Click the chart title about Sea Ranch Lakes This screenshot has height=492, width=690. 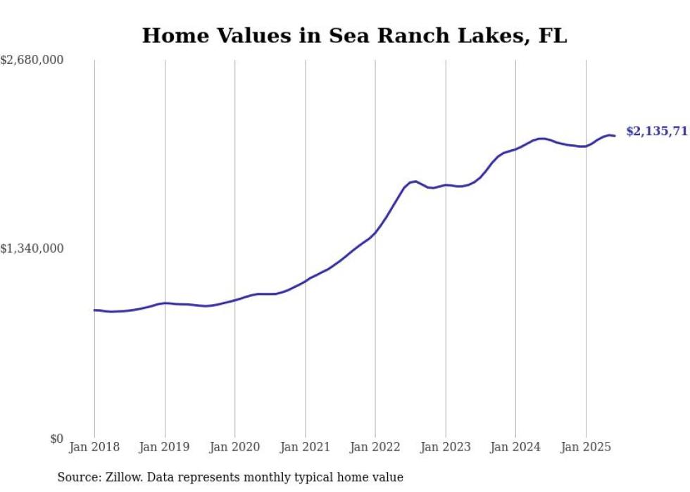coord(354,36)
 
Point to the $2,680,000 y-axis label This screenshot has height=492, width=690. coord(32,61)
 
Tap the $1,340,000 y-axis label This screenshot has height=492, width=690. coord(32,249)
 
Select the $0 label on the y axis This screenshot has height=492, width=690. coord(56,439)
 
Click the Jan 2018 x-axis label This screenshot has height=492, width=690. coord(94,447)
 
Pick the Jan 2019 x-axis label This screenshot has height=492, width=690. coord(165,447)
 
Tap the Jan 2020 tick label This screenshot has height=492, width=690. coord(234,447)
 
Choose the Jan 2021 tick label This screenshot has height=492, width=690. coord(305,447)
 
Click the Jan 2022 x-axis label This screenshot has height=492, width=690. coord(375,447)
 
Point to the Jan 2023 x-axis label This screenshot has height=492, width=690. coord(445,447)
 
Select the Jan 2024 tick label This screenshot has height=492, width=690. coord(515,447)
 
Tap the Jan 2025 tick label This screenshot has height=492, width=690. coord(586,447)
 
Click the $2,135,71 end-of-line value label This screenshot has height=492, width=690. coord(656,132)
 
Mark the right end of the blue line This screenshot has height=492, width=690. coord(615,136)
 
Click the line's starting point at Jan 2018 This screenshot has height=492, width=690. coord(94,310)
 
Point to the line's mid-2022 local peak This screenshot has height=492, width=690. coord(415,181)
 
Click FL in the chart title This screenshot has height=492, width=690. coord(553,36)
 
